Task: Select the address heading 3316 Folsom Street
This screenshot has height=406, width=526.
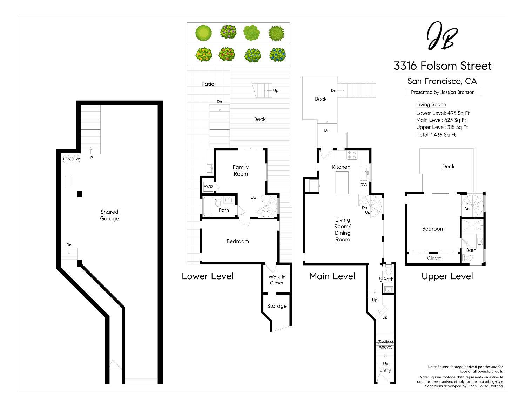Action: pos(443,66)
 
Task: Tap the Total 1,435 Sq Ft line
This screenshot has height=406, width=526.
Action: pos(436,135)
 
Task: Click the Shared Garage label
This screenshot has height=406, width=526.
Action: pos(109,215)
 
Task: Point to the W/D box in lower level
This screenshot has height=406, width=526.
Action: pos(208,186)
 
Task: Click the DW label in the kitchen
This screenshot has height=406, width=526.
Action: pos(364,185)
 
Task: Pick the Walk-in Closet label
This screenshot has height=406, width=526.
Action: pos(277,280)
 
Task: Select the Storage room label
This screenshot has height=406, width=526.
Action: pos(277,306)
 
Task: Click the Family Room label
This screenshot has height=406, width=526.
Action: pos(241,171)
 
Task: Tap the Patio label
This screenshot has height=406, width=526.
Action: pos(208,84)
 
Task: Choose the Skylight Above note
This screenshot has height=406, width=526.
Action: pos(385,344)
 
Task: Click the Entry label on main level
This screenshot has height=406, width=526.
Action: pos(385,370)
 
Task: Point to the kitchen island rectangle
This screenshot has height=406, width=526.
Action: pos(342,183)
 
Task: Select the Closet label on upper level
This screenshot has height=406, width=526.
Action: pos(434,259)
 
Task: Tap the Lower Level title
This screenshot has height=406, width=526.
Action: pos(208,276)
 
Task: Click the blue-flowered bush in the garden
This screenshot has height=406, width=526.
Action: pos(278,55)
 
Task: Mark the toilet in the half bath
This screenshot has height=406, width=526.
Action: pos(388,271)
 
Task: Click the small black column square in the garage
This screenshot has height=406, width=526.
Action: pos(80,194)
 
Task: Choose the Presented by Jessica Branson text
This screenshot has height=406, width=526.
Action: pos(443,92)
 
